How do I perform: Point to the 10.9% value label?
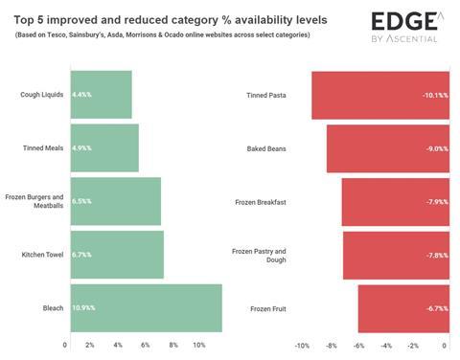point(83,307)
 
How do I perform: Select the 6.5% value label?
point(81,201)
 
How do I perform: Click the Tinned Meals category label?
point(43,148)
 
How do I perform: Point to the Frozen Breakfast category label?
point(260,202)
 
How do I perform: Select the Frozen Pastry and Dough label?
point(259,255)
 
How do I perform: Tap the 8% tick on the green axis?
point(173,345)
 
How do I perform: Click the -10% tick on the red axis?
point(302,345)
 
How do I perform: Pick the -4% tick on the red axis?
point(386,345)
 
